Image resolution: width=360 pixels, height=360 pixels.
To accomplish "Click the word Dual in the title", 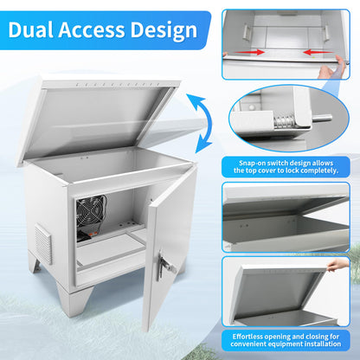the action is [x=31, y=29].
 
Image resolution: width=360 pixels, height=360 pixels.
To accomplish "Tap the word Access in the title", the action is [x=92, y=29].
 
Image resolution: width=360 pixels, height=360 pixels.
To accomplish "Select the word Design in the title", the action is [x=164, y=30].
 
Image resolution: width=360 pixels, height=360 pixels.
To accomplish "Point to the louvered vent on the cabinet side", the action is [x=43, y=244].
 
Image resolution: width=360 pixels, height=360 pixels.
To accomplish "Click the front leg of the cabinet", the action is [x=74, y=300].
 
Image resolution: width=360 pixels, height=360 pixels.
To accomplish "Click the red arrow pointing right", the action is [x=249, y=52].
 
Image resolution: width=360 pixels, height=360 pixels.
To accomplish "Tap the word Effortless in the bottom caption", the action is [x=248, y=337].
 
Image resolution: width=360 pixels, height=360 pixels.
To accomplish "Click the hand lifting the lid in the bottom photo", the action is [x=337, y=264].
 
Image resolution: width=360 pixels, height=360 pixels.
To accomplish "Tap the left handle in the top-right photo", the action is [x=246, y=31].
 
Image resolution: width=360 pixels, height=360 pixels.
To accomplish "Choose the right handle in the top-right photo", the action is [x=326, y=32].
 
